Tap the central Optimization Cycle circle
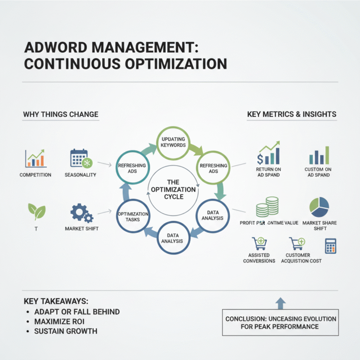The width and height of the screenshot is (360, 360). [x=173, y=189]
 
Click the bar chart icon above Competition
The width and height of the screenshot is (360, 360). [x=35, y=158]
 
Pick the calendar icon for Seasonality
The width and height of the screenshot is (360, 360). [x=80, y=158]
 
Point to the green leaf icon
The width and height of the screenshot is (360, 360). [x=36, y=211]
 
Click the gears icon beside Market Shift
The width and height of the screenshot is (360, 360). [x=81, y=212]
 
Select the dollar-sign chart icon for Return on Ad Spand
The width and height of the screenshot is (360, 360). [x=268, y=153]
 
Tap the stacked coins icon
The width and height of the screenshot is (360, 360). [x=267, y=206]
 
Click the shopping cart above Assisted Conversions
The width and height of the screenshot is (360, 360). [x=259, y=243]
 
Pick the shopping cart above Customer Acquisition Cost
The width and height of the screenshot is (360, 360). [x=297, y=243]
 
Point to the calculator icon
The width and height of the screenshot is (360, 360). [x=331, y=246]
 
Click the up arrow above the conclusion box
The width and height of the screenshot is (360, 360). [x=281, y=302]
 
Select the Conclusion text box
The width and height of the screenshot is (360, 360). [x=281, y=323]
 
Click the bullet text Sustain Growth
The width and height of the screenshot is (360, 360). [x=65, y=331]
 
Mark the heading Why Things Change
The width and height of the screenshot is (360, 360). [x=60, y=114]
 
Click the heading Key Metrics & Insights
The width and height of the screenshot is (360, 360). [x=291, y=114]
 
